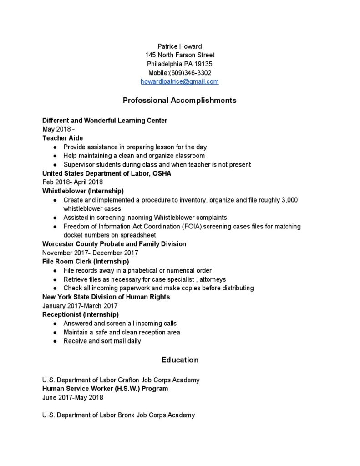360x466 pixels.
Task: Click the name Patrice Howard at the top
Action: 180,46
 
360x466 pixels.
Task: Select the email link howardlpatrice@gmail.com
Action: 180,81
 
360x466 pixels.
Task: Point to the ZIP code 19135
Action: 203,64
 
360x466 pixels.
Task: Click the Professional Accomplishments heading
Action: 180,100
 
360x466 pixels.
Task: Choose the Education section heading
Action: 180,360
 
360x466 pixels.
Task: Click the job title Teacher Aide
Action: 62,138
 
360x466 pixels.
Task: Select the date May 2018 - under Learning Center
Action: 58,129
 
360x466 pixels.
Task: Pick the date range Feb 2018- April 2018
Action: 72,182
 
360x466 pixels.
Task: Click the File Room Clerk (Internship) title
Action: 86,262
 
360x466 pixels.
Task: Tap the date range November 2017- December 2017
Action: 90,253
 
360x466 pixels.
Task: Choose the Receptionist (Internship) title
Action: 81,314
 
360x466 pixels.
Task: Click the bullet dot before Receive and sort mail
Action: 55,341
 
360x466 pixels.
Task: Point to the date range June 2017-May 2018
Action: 73,397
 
